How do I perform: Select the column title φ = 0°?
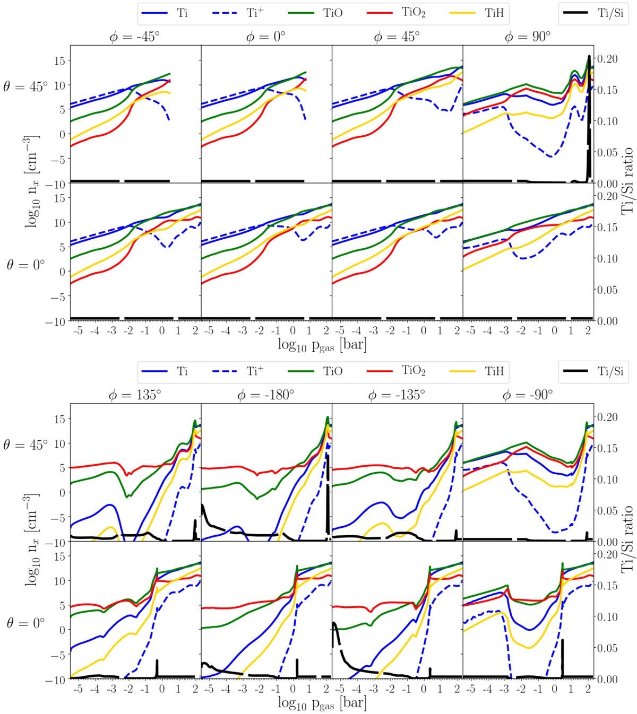click(266, 37)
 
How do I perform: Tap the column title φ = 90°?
click(528, 37)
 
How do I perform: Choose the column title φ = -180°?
click(266, 395)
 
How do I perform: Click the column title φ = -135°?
click(397, 395)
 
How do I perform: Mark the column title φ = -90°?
click(528, 395)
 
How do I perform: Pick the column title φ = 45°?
click(397, 37)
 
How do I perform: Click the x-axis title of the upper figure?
click(322, 345)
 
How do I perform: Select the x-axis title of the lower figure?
click(322, 703)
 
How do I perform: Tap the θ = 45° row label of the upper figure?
click(25, 86)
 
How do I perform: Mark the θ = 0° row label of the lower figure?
click(25, 623)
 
